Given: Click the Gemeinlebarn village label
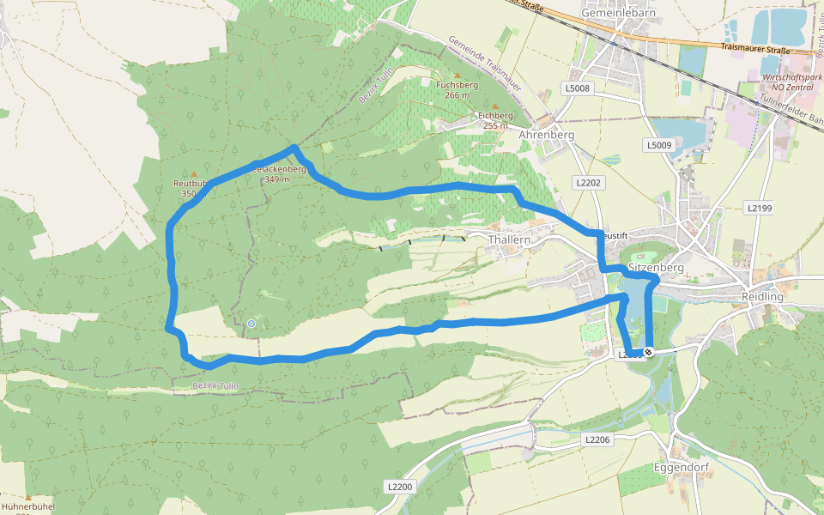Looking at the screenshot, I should click(x=613, y=13).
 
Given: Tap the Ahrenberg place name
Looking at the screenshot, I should click(x=546, y=135).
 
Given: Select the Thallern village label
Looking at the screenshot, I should click(x=509, y=240).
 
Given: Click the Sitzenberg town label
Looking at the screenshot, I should click(x=656, y=267).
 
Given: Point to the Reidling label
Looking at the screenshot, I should click(x=761, y=296).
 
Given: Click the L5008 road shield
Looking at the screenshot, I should click(x=578, y=88).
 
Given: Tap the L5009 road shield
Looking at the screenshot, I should click(x=659, y=145).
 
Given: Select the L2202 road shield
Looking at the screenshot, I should click(x=588, y=182).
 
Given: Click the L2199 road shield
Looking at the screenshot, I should click(x=760, y=208).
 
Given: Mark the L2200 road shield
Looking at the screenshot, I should click(x=400, y=487).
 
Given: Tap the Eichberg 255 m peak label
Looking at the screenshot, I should click(x=495, y=119).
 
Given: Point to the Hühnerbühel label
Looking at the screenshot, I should click(x=28, y=506).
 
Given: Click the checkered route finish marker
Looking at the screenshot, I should click(x=649, y=351).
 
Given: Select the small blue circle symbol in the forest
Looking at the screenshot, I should click(x=251, y=323).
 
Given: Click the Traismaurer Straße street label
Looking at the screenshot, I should click(x=755, y=51).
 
